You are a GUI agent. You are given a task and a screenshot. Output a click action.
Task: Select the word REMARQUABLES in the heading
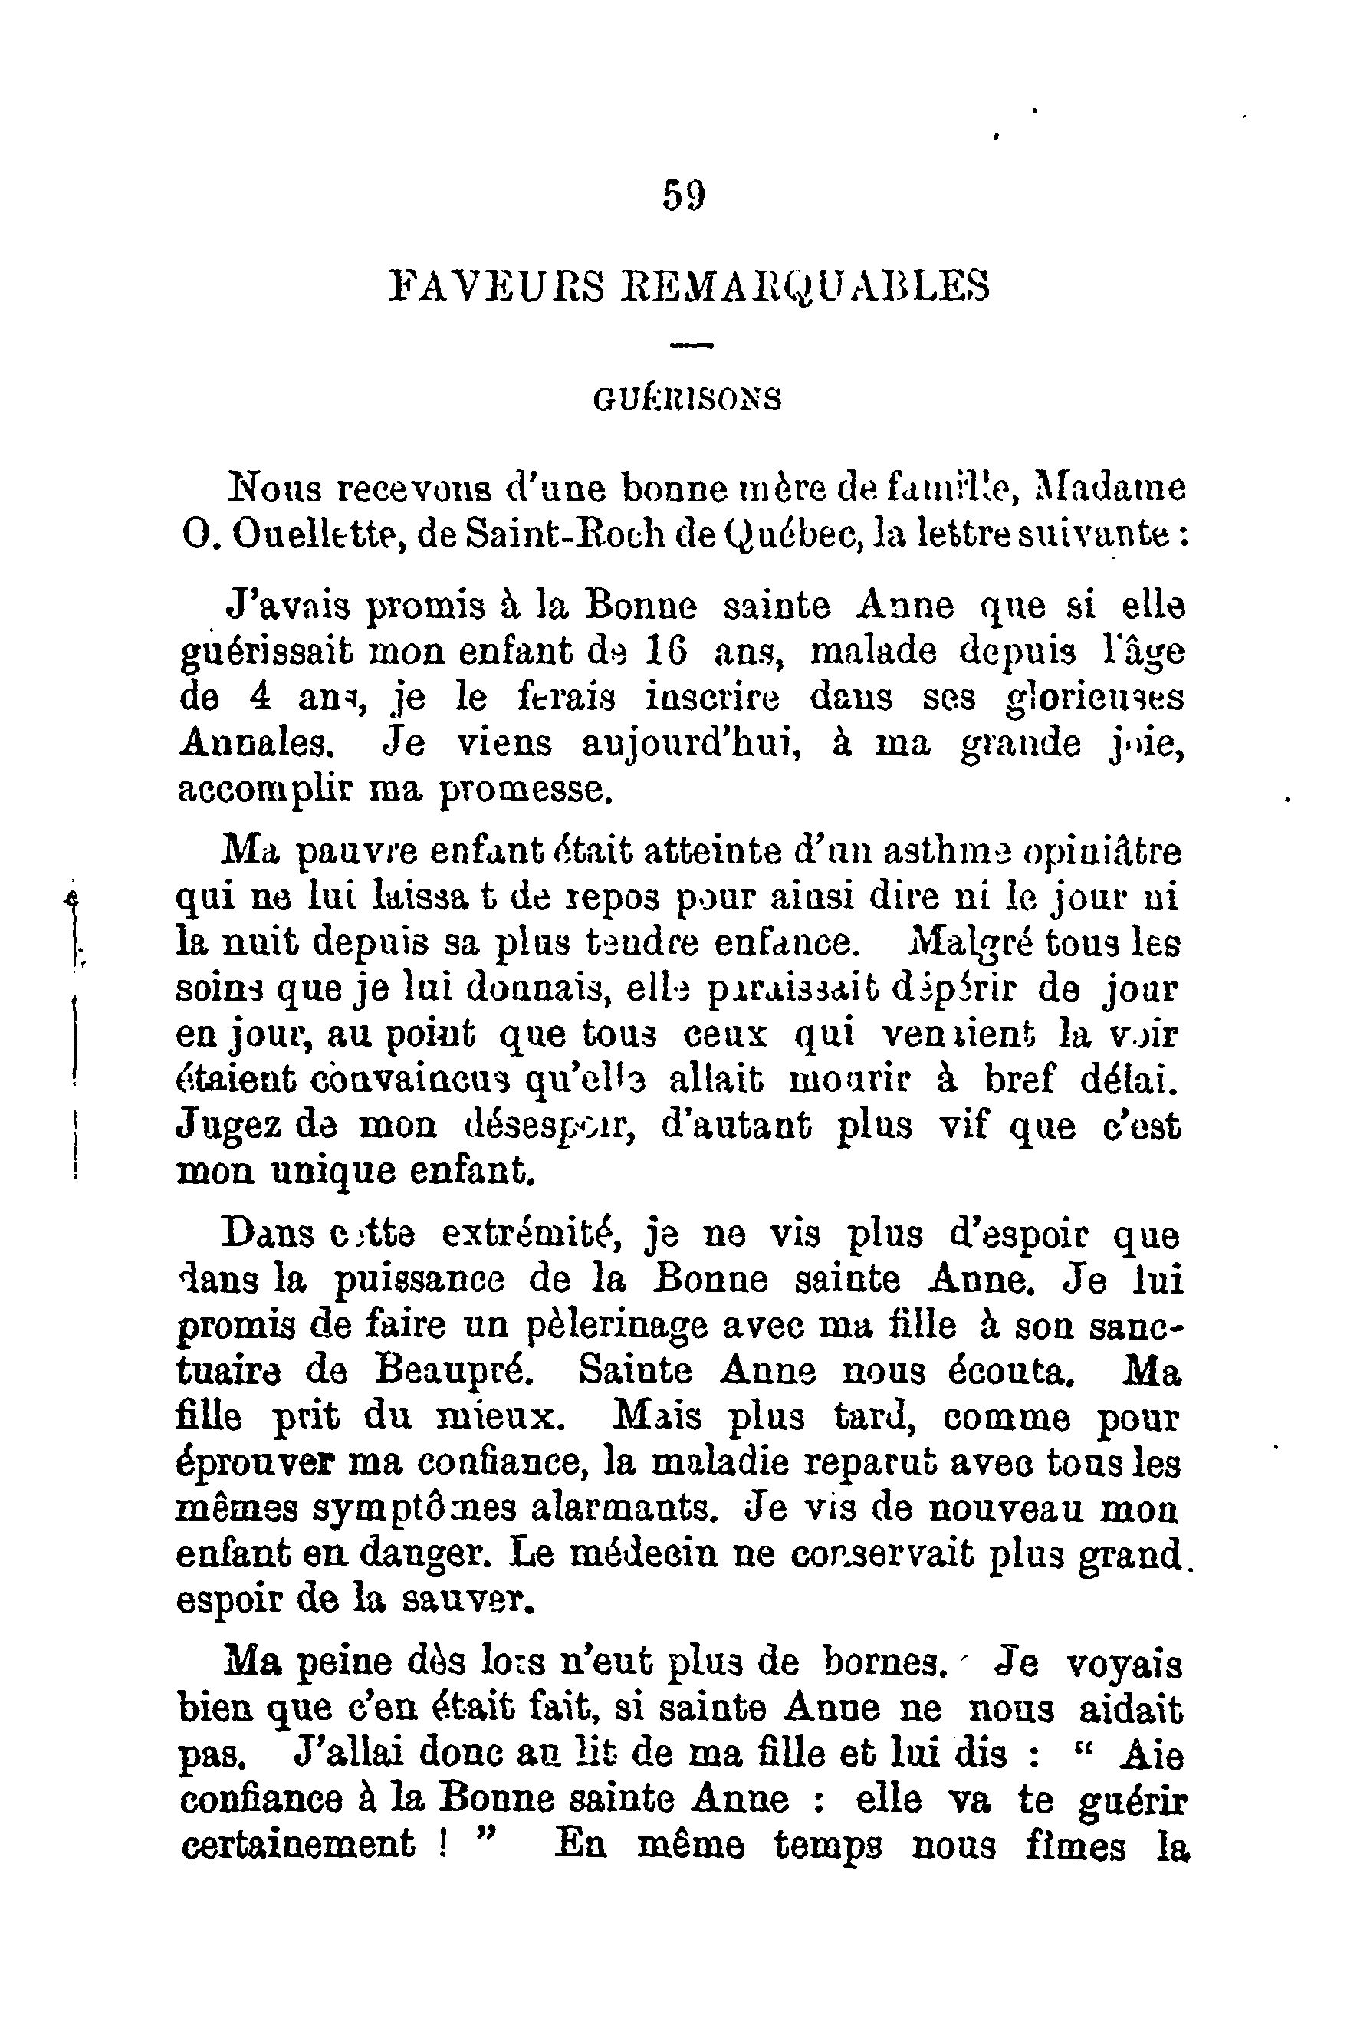pos(805,285)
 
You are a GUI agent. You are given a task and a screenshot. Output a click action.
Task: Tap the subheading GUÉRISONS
pos(687,399)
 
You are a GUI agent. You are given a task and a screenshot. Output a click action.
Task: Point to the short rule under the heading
pos(692,346)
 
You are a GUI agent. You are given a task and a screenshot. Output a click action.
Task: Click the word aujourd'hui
pos(691,744)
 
